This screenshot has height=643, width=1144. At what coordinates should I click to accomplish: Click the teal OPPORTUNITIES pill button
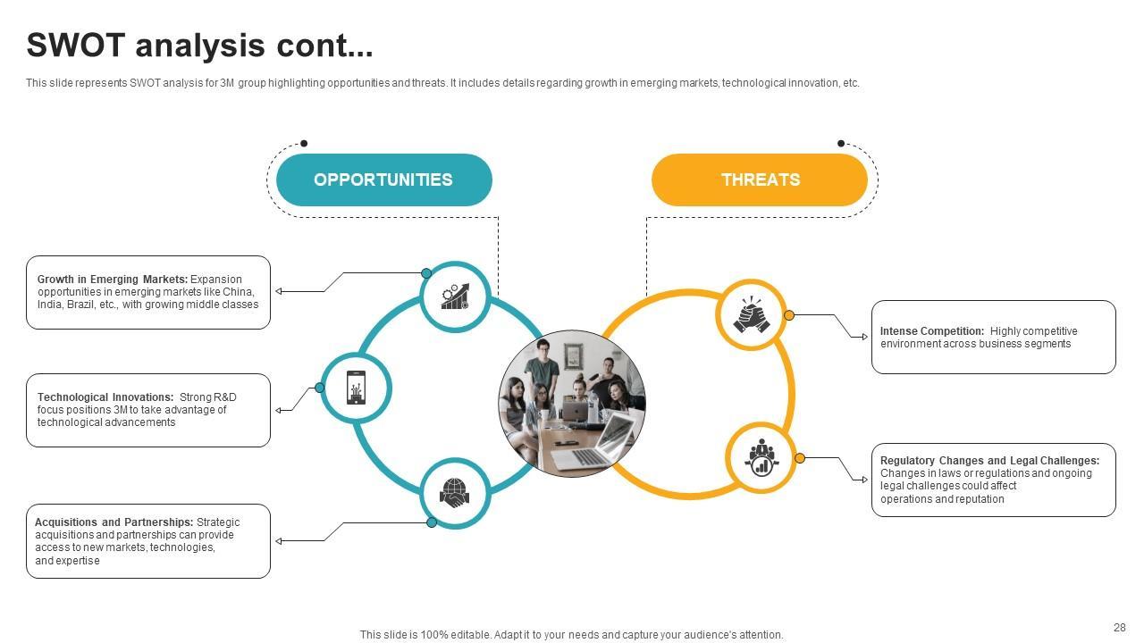pyautogui.click(x=383, y=180)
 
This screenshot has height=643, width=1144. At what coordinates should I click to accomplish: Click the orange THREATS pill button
pyautogui.click(x=760, y=180)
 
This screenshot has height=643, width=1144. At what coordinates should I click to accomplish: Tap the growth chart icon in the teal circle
pyautogui.click(x=455, y=296)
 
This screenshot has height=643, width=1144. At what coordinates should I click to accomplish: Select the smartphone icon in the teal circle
pyautogui.click(x=356, y=388)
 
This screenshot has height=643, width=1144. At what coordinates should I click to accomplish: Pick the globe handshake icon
pyautogui.click(x=455, y=493)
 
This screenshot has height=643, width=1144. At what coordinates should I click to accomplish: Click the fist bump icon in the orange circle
pyautogui.click(x=751, y=314)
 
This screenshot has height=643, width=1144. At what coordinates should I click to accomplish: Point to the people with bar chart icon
pyautogui.click(x=761, y=457)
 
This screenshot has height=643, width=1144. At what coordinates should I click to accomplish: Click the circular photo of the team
pyautogui.click(x=572, y=403)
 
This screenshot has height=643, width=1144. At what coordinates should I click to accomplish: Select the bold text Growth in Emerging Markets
pyautogui.click(x=113, y=280)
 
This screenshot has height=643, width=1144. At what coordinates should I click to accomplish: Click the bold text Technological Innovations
pyautogui.click(x=105, y=397)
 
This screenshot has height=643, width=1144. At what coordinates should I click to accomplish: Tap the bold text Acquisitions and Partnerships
pyautogui.click(x=114, y=522)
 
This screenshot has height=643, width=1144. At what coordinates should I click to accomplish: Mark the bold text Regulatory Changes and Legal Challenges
pyautogui.click(x=989, y=461)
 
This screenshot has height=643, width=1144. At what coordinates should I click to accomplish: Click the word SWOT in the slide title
pyautogui.click(x=75, y=46)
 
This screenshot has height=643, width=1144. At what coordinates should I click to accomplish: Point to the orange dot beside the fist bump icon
pyautogui.click(x=789, y=315)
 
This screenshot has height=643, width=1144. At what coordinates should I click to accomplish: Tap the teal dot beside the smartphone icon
pyautogui.click(x=320, y=388)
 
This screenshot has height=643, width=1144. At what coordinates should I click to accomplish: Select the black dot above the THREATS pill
pyautogui.click(x=841, y=143)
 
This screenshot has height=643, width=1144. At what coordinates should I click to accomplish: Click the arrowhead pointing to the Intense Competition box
pyautogui.click(x=864, y=337)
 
